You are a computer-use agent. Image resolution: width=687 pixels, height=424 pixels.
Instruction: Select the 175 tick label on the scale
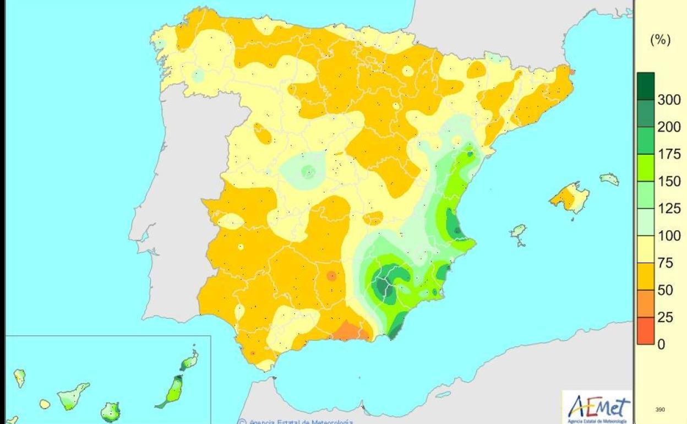click(669, 154)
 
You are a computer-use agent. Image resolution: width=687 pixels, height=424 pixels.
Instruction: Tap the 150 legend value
click(669, 181)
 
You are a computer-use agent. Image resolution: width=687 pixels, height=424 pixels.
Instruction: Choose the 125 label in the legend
click(669, 209)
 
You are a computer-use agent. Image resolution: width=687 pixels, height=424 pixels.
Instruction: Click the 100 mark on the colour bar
click(669, 236)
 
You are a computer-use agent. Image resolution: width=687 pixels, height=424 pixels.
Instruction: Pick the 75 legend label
click(666, 263)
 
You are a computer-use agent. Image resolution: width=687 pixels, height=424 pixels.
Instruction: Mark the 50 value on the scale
click(666, 290)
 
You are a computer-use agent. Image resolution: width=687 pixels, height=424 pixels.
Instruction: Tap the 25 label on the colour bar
click(666, 317)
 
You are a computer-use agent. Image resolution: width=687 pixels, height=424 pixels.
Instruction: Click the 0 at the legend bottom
click(661, 344)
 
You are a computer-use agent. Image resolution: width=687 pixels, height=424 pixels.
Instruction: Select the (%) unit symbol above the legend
click(661, 42)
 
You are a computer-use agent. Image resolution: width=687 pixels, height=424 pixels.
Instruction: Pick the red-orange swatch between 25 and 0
click(646, 330)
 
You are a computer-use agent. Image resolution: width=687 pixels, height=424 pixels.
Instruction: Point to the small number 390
click(661, 409)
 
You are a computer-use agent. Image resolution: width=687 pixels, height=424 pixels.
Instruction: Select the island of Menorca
click(609, 178)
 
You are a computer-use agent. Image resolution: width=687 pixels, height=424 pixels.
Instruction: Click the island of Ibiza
click(519, 231)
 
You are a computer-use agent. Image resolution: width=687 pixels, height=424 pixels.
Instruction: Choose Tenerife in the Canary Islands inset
click(74, 396)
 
